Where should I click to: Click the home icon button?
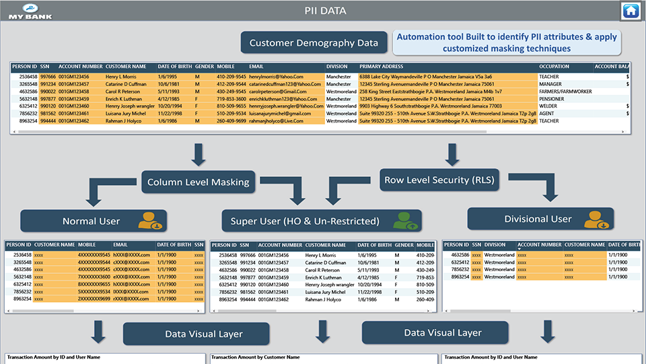point(631,11)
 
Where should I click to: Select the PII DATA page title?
point(324,10)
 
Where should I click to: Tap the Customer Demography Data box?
point(314,43)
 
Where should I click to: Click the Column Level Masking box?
point(199,182)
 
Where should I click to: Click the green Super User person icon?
point(403,220)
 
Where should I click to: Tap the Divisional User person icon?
point(596,219)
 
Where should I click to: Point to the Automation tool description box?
point(507,42)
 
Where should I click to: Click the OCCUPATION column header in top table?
point(554,67)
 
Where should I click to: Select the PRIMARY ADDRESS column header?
point(381,67)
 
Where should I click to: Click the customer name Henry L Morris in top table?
point(120,77)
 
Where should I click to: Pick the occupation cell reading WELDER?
point(548,106)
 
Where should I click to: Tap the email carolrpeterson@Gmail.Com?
point(277,91)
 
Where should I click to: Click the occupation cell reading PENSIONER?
point(552,98)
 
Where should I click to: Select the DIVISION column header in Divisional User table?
point(495,246)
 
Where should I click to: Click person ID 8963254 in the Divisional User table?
point(460,277)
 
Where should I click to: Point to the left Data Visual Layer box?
point(204,334)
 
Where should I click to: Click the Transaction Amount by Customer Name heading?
point(255,357)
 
